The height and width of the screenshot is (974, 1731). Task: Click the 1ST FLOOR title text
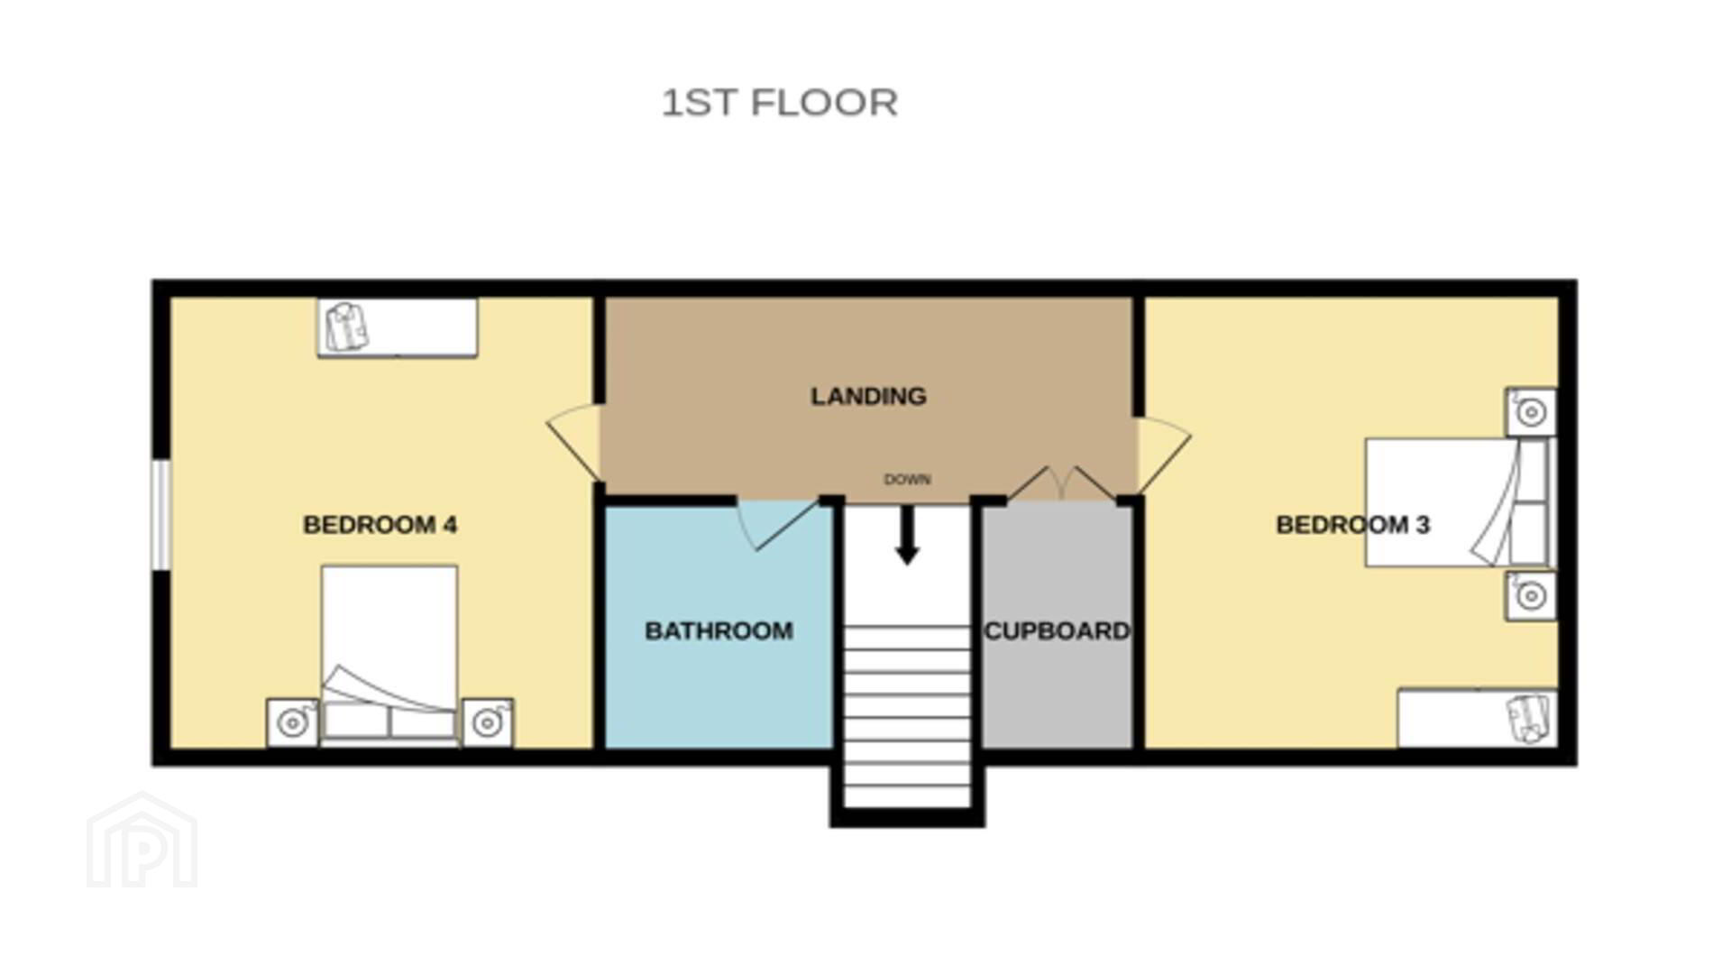[780, 103]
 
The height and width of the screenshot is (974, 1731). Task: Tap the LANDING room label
[868, 396]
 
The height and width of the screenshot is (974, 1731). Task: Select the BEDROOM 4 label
[380, 525]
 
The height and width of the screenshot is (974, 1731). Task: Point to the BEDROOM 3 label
[1353, 525]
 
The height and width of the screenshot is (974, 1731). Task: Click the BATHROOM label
[719, 630]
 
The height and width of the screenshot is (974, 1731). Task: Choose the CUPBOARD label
[1057, 630]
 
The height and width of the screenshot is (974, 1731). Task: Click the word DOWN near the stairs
[907, 480]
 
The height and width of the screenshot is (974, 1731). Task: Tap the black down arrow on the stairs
[907, 535]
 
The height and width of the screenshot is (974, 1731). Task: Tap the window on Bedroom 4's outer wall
[160, 515]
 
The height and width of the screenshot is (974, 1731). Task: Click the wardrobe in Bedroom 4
[398, 327]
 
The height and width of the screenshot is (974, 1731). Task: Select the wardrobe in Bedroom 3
[1478, 718]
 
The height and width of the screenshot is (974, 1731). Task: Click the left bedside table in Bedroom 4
[292, 722]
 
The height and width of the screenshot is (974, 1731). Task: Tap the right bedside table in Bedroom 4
[488, 722]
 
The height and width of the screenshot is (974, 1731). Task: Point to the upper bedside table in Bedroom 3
[1531, 413]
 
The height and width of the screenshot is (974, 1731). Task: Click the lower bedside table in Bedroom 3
[1531, 595]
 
